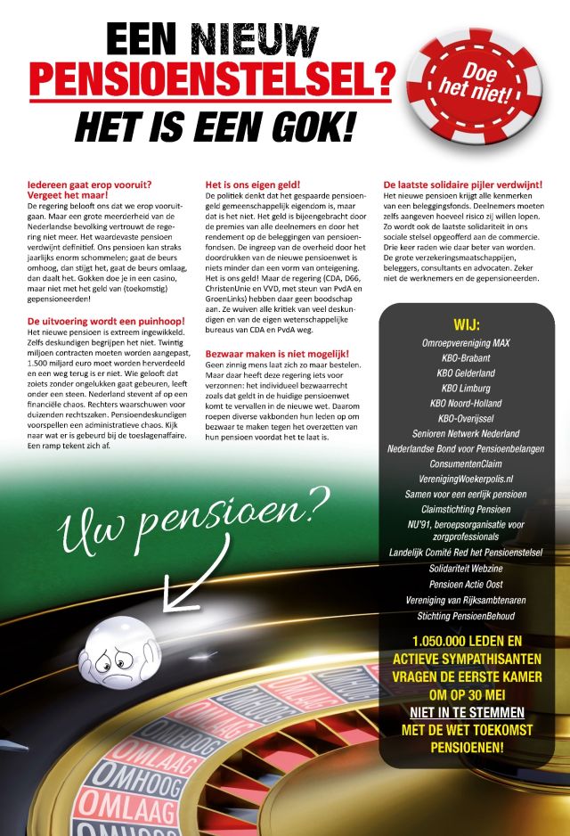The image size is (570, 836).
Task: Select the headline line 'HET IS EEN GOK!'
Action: point(214,125)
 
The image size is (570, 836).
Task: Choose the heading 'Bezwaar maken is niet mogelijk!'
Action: point(277,355)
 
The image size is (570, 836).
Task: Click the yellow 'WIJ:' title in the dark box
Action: point(466,325)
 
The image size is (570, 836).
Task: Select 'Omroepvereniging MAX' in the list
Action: point(466,343)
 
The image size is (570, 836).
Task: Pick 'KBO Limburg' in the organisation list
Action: point(466,389)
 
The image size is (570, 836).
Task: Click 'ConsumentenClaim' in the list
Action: point(466,464)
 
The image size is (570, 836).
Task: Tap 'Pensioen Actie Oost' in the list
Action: point(466,585)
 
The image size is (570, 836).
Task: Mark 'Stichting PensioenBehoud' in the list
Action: point(466,616)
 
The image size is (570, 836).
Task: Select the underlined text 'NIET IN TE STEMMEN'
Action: point(466,713)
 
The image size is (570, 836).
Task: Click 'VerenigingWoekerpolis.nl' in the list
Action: point(466,479)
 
